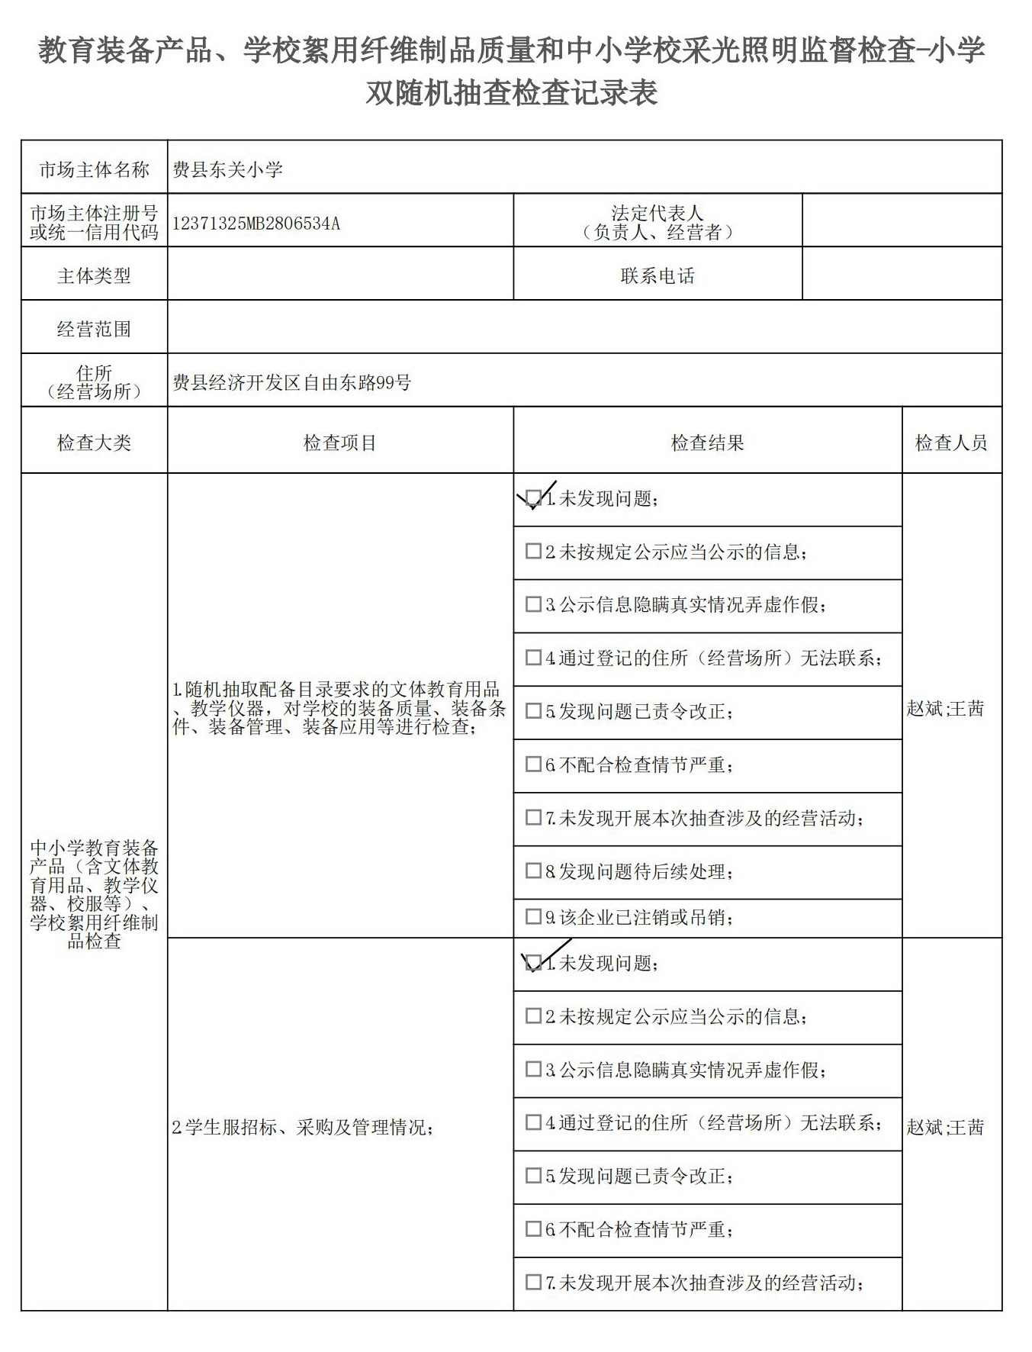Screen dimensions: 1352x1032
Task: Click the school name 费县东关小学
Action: point(228,169)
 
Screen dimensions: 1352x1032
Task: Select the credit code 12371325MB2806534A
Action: point(256,224)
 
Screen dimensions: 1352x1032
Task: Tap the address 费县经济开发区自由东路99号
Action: point(291,382)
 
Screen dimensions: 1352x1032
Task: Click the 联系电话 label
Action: point(657,275)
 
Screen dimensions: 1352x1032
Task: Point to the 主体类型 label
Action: point(94,275)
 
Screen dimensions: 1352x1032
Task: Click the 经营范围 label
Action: point(94,329)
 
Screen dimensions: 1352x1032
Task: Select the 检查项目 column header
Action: point(340,443)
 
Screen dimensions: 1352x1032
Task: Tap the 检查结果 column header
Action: point(707,443)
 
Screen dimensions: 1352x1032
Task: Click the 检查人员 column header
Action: point(951,443)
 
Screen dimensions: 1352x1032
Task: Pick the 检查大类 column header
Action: point(94,443)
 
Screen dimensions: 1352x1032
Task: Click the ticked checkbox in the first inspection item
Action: point(534,498)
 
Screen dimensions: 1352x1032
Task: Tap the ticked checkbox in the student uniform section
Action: point(534,963)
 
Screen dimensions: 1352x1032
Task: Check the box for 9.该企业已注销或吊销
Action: point(534,917)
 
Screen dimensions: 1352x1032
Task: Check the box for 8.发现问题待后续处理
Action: point(534,871)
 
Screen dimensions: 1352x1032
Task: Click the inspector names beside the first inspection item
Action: point(945,709)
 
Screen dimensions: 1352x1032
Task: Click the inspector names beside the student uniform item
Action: point(945,1127)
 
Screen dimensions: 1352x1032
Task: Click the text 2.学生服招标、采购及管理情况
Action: point(303,1127)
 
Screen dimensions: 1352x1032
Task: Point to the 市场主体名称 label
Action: point(94,169)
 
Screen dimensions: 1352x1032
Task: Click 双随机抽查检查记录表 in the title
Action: point(511,93)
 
